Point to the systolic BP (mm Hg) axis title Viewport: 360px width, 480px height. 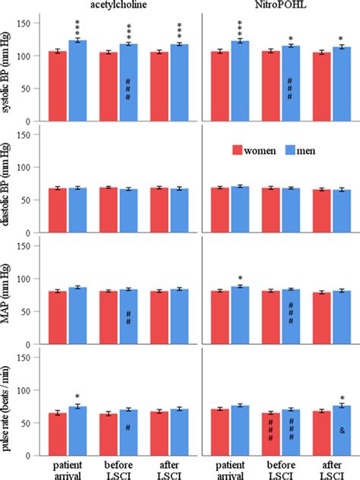tap(9, 71)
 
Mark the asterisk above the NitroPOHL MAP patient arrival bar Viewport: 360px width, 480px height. tap(240, 278)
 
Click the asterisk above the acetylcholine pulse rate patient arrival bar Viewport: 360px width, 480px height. tap(77, 396)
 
